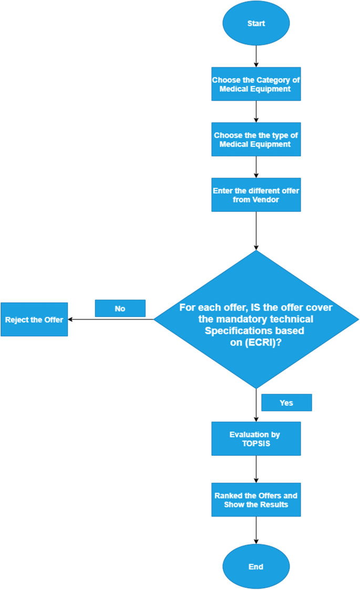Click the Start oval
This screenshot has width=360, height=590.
pyautogui.click(x=256, y=24)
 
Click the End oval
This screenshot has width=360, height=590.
pyautogui.click(x=256, y=567)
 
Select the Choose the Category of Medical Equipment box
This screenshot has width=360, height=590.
pyautogui.click(x=256, y=85)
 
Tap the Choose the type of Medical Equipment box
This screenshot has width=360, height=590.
pyautogui.click(x=256, y=139)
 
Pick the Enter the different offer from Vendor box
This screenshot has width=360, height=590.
pyautogui.click(x=256, y=195)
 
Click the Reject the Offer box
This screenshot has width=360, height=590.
pyautogui.click(x=34, y=319)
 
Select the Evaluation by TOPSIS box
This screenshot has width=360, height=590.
pyautogui.click(x=256, y=439)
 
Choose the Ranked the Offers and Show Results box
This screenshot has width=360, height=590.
pyautogui.click(x=256, y=500)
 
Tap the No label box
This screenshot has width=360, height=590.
pyautogui.click(x=120, y=308)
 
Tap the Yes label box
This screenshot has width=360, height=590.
pyautogui.click(x=286, y=402)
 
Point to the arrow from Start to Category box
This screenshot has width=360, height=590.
pyautogui.click(x=256, y=56)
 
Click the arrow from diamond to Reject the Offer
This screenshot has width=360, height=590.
pyautogui.click(x=111, y=319)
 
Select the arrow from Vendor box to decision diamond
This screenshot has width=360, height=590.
pyautogui.click(x=256, y=231)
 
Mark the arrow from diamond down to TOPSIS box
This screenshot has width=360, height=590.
pyautogui.click(x=256, y=406)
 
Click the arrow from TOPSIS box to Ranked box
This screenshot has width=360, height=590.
pyautogui.click(x=256, y=469)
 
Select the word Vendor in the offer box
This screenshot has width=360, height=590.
pyautogui.click(x=267, y=200)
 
